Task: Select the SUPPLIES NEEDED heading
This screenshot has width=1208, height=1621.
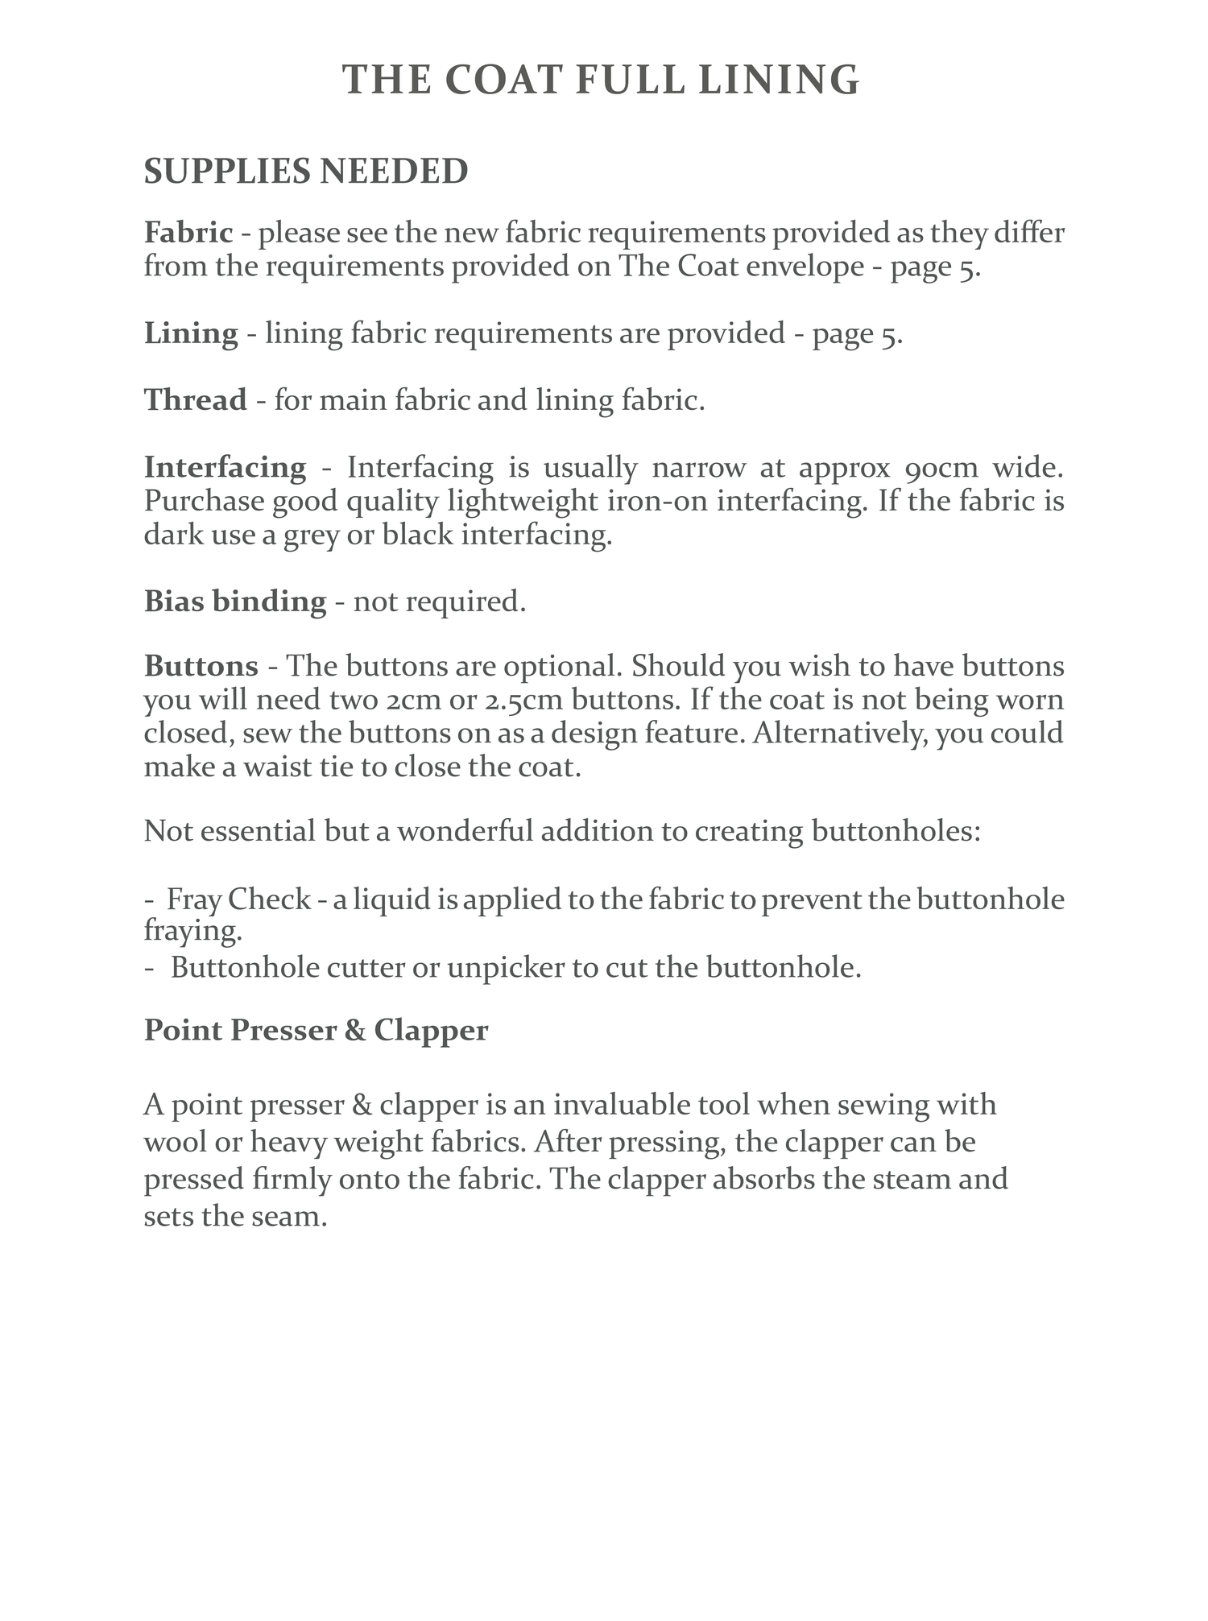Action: click(306, 172)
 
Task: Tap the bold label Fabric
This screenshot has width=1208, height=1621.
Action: click(188, 234)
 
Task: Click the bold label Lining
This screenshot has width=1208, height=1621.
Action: click(191, 333)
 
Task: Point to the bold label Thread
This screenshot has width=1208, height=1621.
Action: click(196, 400)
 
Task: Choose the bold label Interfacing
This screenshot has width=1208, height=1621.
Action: click(225, 467)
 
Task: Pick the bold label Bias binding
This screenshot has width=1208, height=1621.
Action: click(235, 601)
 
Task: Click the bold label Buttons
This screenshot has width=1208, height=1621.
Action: click(201, 667)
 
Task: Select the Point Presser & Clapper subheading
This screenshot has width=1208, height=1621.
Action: click(316, 1030)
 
